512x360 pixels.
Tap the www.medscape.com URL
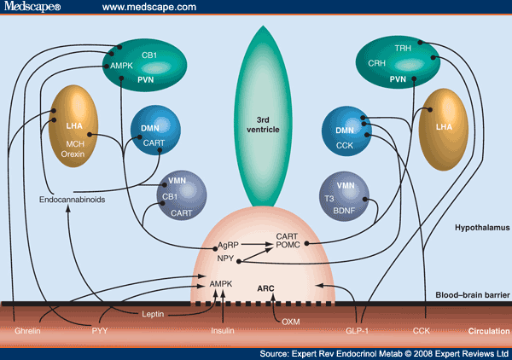pyautogui.click(x=144, y=8)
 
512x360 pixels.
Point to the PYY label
pyautogui.click(x=100, y=329)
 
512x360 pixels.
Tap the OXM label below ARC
pyautogui.click(x=291, y=322)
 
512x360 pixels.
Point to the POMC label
pyautogui.click(x=287, y=247)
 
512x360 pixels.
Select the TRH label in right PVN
pyautogui.click(x=404, y=49)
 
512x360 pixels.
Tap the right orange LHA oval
pyautogui.click(x=444, y=126)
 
